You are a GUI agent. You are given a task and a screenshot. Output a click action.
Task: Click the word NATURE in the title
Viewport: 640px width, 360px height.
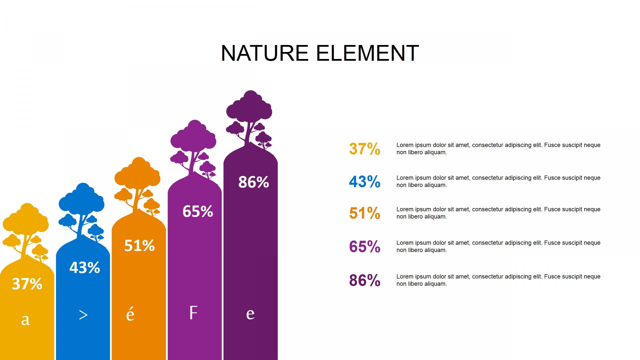click(265, 53)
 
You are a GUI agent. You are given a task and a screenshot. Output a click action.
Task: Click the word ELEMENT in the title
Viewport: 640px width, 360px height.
click(367, 53)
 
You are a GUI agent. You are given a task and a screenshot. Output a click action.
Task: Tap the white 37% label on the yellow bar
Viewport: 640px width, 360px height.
click(27, 284)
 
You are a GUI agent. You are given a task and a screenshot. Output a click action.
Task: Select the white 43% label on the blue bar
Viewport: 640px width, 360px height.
click(85, 268)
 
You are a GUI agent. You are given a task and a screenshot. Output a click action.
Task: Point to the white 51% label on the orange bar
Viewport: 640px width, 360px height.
click(139, 246)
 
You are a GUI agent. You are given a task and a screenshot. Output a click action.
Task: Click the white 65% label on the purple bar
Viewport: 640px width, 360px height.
click(198, 211)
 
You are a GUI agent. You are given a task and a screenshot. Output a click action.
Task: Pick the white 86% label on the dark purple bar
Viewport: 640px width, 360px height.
click(254, 182)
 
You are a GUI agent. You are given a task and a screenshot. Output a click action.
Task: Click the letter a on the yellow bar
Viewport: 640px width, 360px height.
click(26, 320)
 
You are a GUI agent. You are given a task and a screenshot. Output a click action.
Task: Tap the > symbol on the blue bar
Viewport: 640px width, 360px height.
click(83, 315)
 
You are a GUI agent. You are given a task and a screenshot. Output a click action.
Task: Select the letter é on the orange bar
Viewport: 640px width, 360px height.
click(130, 314)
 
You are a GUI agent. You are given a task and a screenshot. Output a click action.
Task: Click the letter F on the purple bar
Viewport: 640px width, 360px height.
click(193, 313)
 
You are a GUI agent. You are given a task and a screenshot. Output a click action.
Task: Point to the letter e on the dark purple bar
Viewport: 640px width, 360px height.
click(250, 314)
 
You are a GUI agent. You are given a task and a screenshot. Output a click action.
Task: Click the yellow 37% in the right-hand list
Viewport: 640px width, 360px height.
click(365, 149)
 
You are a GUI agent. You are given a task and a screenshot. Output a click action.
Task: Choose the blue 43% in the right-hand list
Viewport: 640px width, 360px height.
click(365, 182)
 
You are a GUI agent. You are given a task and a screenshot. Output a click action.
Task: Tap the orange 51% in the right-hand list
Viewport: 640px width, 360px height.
click(365, 213)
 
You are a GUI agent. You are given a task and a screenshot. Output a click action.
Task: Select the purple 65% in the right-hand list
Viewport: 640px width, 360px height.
click(365, 247)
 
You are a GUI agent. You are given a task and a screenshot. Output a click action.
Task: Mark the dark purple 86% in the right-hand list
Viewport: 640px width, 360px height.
click(365, 280)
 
